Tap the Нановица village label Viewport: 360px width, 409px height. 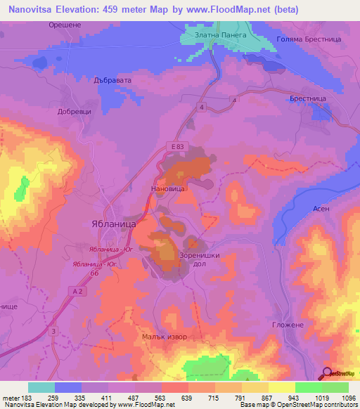coord(168,189)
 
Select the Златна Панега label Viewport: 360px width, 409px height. coord(216,34)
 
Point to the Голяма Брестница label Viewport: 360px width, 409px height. coord(309,40)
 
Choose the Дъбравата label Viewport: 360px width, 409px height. coord(113,81)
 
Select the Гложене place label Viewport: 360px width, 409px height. coord(287,325)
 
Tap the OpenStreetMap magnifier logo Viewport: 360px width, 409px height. coord(328,373)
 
